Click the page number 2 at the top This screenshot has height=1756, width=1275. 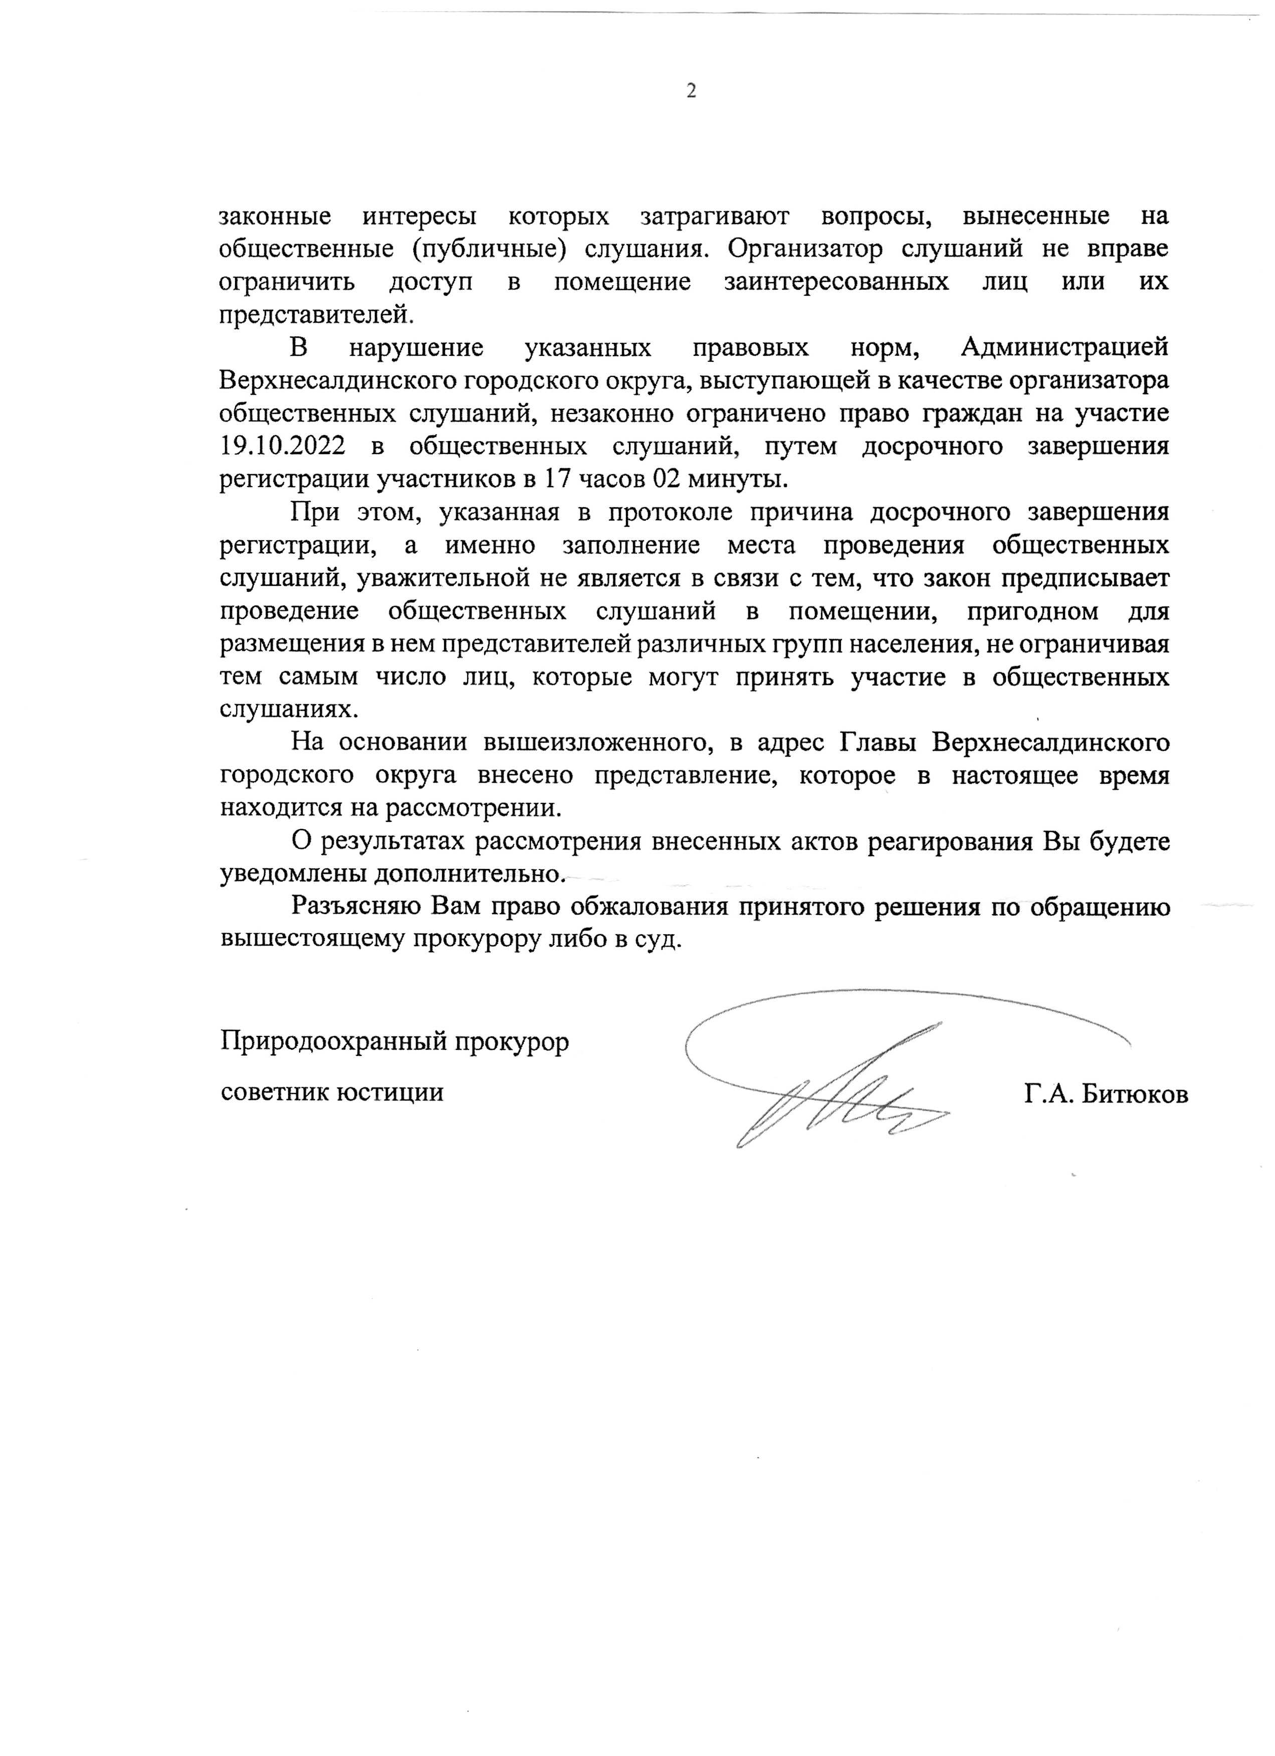[x=691, y=91]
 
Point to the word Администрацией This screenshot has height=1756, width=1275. [x=1065, y=348]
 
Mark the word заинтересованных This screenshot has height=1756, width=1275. [x=836, y=282]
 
